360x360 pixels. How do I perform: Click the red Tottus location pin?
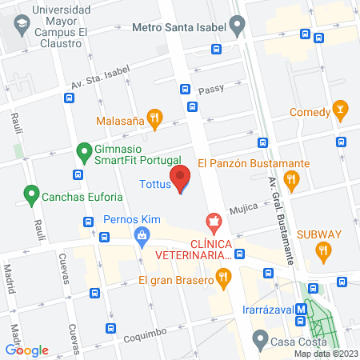click(x=180, y=178)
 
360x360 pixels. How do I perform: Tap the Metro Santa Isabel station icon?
click(x=238, y=25)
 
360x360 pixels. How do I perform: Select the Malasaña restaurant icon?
click(x=155, y=122)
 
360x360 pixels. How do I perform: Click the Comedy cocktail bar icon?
click(x=340, y=108)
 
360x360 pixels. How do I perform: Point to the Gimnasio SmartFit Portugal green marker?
click(x=82, y=150)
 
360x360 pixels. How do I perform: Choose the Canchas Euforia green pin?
click(x=31, y=194)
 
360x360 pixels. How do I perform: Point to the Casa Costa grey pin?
click(x=258, y=340)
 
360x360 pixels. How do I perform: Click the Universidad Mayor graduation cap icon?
click(x=18, y=22)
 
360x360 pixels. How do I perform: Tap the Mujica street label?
click(x=244, y=209)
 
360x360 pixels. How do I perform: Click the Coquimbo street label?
click(x=144, y=338)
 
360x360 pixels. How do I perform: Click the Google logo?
click(x=27, y=350)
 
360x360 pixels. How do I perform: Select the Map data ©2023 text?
click(x=324, y=354)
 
